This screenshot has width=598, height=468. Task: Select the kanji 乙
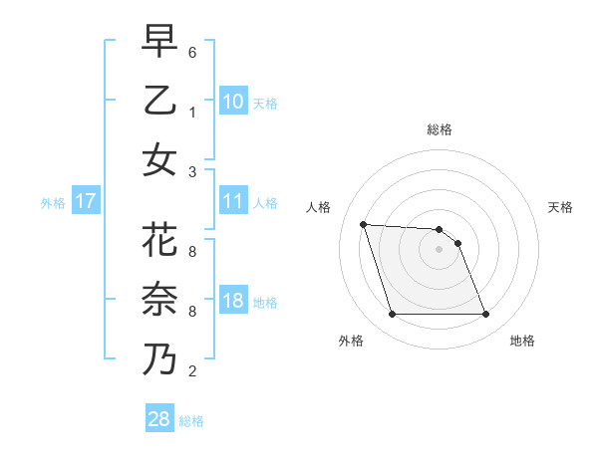(160, 101)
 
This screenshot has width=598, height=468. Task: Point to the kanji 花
(160, 242)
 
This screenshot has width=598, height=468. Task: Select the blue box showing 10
(233, 102)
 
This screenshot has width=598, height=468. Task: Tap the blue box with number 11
(233, 202)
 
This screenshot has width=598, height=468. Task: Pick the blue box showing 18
(233, 302)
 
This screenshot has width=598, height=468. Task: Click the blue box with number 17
(86, 202)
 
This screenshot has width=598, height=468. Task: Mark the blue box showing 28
(159, 419)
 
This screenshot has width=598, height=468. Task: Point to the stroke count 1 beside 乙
(191, 112)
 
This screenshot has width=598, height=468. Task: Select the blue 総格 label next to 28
(191, 421)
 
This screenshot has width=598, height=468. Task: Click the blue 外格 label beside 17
(53, 203)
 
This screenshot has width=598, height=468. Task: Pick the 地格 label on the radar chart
(522, 341)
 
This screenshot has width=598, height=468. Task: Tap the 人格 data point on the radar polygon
(364, 224)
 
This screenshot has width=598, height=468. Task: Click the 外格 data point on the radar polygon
(392, 315)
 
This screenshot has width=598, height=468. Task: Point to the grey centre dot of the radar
(439, 249)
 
